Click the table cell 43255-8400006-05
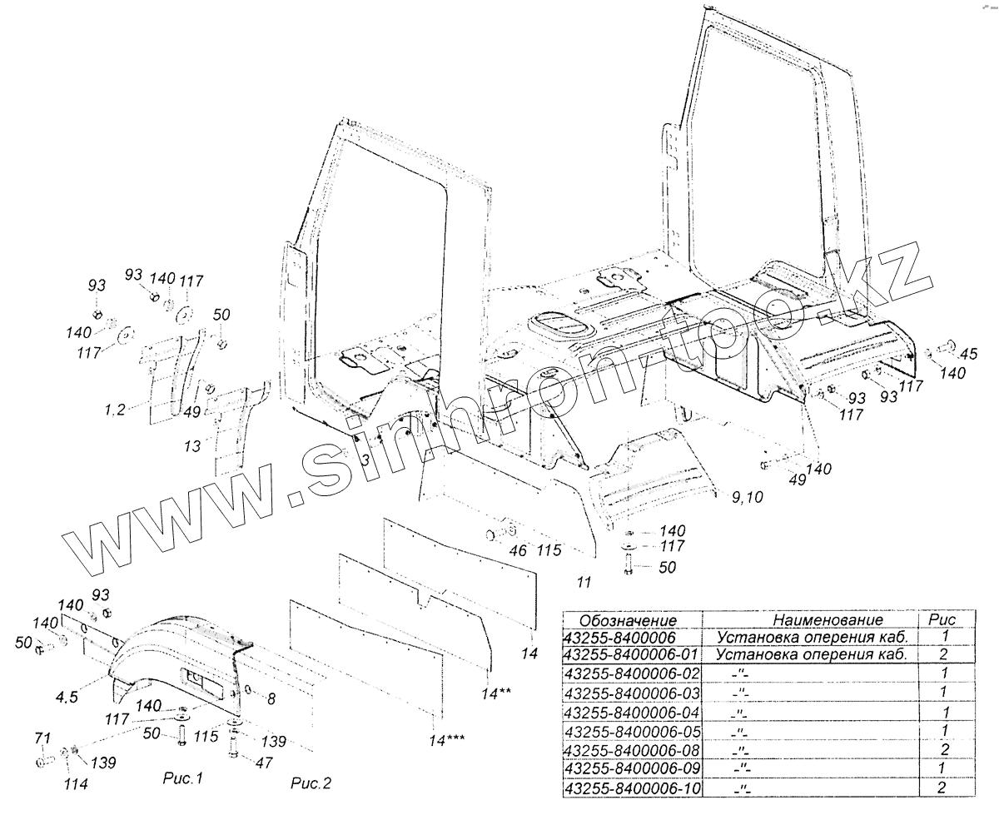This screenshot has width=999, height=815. tap(632, 731)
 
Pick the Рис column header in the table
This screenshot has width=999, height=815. tap(942, 620)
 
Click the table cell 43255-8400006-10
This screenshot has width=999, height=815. tap(632, 788)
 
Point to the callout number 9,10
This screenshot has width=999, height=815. tap(748, 498)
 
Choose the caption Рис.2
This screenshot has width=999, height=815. tap(311, 783)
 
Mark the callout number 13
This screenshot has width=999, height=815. tap(192, 447)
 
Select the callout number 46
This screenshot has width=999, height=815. tap(517, 551)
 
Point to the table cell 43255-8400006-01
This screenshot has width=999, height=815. tap(632, 655)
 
